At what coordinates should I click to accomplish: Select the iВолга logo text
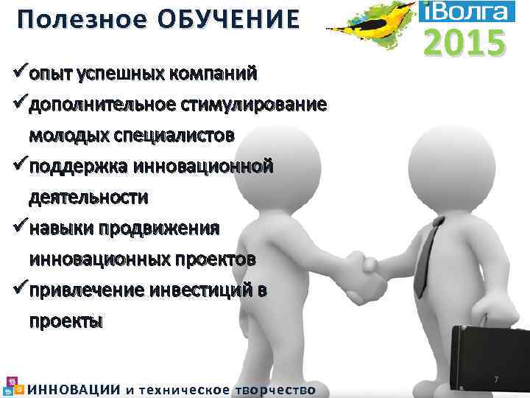(464, 11)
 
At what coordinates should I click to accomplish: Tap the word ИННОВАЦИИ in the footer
(74, 390)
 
